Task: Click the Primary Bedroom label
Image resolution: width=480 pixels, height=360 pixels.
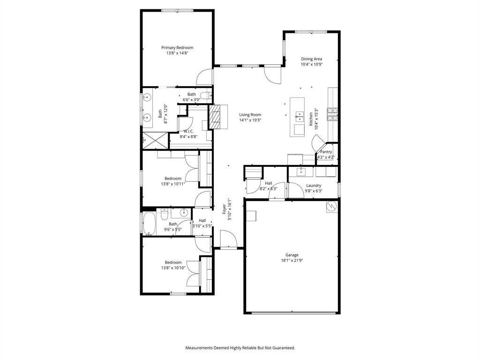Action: pos(177,47)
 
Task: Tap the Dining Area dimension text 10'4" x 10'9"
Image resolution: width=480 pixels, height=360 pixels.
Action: pos(311,65)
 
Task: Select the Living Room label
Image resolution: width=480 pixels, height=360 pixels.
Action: pos(250,114)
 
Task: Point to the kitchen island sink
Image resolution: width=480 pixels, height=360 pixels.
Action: pos(301,115)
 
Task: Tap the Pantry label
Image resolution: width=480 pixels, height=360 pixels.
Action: pos(326,152)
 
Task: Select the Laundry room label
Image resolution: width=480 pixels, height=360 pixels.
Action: pos(314,186)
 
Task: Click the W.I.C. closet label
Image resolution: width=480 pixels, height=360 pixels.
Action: pos(188,131)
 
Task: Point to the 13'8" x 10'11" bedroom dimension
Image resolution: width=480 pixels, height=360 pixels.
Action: pos(173,184)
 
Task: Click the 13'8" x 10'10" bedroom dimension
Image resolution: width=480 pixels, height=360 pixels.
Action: pos(173,268)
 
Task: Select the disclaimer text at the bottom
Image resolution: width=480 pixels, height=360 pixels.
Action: pos(240,348)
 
